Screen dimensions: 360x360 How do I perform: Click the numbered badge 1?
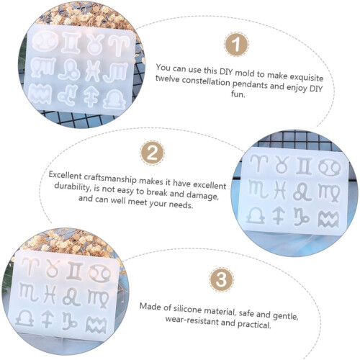(x=236, y=45)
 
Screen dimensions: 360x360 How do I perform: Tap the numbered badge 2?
(x=152, y=153)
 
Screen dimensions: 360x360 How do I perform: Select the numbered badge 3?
(x=221, y=279)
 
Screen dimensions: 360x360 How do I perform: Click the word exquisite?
(x=307, y=77)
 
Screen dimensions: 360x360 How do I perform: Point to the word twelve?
(x=167, y=78)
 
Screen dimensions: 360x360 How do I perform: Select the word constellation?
(x=206, y=81)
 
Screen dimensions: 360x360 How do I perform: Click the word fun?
(x=238, y=94)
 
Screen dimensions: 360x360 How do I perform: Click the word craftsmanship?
(x=110, y=178)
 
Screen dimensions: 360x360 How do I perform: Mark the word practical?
(x=254, y=324)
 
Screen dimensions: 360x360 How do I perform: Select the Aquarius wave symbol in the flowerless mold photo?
(x=328, y=219)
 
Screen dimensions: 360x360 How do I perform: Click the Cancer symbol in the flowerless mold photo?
(x=330, y=167)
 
